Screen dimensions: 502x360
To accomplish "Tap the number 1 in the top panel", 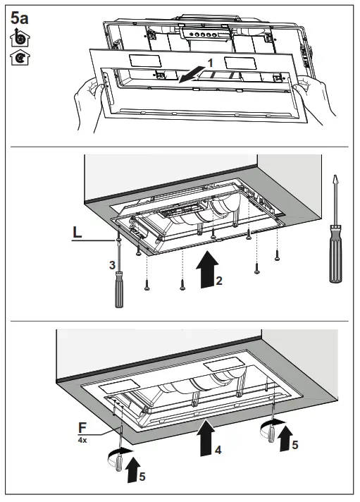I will pyautogui.click(x=210, y=63).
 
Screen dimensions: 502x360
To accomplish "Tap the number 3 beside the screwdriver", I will pyautogui.click(x=111, y=265).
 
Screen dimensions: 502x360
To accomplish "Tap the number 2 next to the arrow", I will pyautogui.click(x=220, y=281).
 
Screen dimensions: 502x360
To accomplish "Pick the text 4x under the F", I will pyautogui.click(x=82, y=439).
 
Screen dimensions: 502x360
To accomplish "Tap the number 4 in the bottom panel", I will pyautogui.click(x=220, y=448).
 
